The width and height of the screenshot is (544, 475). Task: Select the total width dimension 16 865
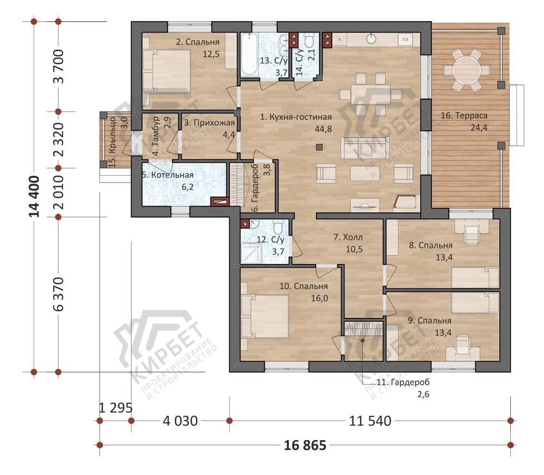[305, 445]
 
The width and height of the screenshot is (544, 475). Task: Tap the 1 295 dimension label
[115, 408]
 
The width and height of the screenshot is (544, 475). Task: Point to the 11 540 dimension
[370, 421]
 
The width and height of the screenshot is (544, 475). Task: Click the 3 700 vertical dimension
[58, 66]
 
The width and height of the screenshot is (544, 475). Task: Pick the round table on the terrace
[467, 70]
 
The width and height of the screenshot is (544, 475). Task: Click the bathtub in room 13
[249, 54]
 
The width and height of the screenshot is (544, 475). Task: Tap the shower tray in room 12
[251, 252]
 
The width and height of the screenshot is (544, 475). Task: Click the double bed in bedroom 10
[265, 317]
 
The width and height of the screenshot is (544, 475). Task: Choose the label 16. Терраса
[464, 115]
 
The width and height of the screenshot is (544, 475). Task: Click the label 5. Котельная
[168, 175]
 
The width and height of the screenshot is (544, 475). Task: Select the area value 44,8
[323, 129]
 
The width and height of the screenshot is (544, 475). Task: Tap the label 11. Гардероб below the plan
[403, 383]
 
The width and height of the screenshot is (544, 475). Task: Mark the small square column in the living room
[319, 147]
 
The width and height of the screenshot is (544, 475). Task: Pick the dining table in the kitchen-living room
[370, 94]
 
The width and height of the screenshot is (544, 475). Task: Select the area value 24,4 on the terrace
[479, 128]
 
